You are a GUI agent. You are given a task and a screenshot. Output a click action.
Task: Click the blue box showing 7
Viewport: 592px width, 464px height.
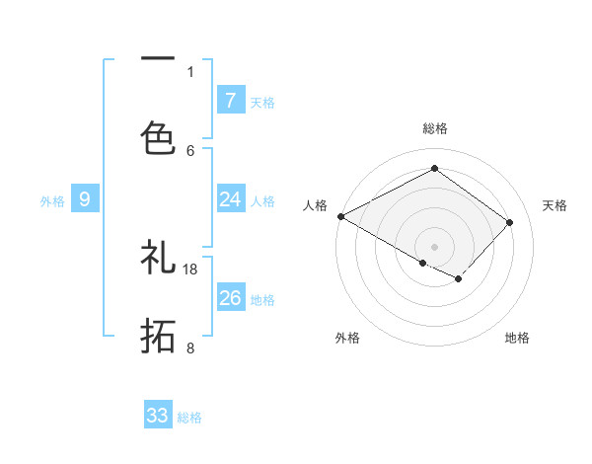[x=230, y=100]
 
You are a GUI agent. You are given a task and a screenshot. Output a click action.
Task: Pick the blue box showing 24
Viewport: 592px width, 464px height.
[x=230, y=199]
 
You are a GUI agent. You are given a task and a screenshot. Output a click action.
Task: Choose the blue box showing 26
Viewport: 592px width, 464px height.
[x=230, y=298]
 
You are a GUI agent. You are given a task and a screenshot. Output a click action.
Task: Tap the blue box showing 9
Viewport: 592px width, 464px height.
[x=85, y=199]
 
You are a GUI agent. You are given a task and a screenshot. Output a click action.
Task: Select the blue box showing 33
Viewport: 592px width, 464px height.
[x=158, y=416]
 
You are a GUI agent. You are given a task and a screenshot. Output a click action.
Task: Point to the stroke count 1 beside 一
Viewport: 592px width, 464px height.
[x=190, y=71]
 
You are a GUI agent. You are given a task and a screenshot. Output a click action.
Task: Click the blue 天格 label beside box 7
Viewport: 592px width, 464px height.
[x=262, y=102]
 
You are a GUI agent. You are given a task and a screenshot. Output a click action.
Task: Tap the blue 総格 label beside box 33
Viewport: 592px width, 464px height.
[x=189, y=418]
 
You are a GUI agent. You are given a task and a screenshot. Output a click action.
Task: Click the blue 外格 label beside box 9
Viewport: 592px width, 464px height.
[x=52, y=201]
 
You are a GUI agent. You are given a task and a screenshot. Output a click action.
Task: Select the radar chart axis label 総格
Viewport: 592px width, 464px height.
[x=434, y=128]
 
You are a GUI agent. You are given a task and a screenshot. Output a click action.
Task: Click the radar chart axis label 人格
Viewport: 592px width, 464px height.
[x=315, y=205]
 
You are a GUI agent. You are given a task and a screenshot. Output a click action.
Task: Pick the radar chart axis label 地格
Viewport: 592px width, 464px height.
[x=517, y=338]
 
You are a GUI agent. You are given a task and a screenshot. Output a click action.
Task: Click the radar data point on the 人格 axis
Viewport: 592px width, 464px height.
[x=340, y=216]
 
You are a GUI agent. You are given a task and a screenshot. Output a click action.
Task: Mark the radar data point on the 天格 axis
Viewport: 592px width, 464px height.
[x=509, y=222]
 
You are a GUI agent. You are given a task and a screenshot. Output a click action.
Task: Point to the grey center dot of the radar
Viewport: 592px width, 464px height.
[x=434, y=246]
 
